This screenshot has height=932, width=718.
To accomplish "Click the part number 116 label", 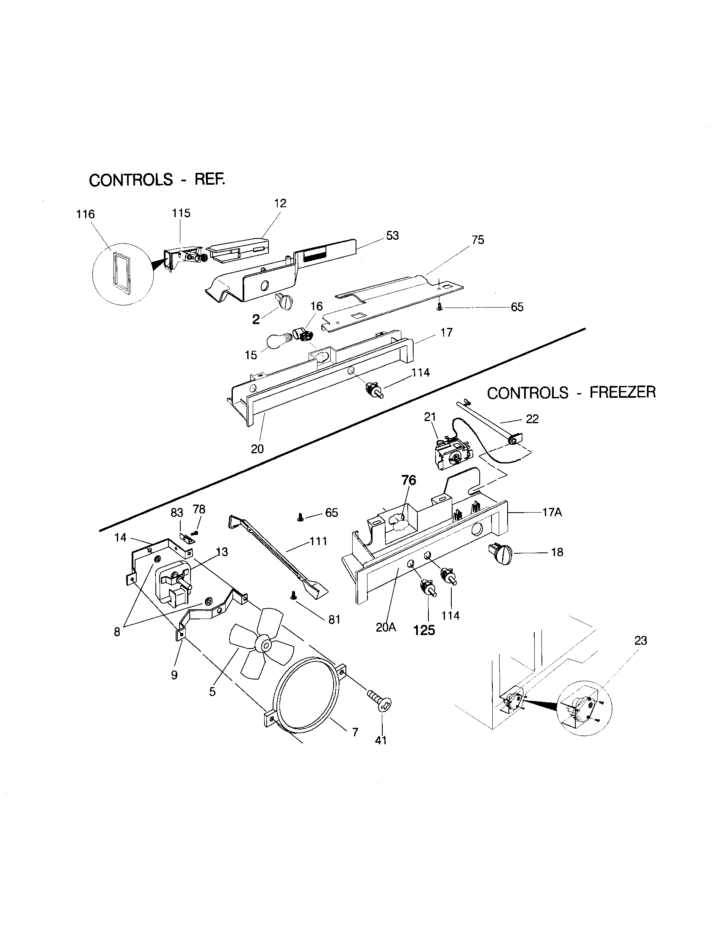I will tap(85, 214).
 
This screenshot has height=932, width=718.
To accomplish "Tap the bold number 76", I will tap(409, 480).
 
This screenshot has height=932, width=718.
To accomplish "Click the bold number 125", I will tap(424, 630).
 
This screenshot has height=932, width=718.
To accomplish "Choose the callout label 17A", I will tap(552, 512).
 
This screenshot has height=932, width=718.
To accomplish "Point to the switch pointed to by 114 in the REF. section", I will tap(373, 390).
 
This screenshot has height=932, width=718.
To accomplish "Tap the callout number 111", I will tap(318, 541).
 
